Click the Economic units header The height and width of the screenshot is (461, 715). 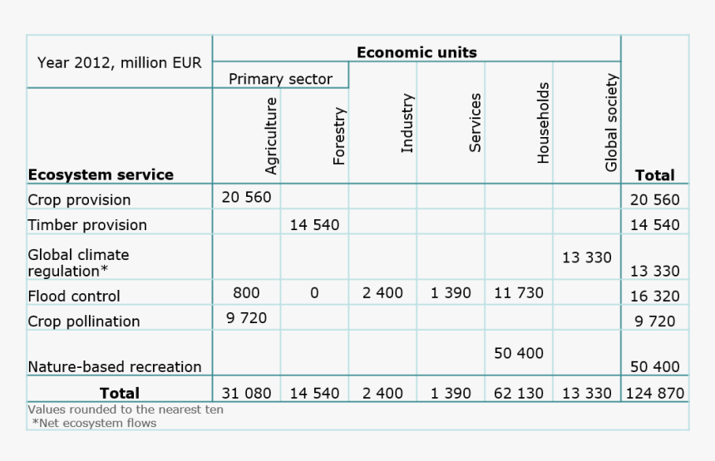[417, 52]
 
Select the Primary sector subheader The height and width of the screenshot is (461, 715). [280, 79]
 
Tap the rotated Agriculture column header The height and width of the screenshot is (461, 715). [270, 135]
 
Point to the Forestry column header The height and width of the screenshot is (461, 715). [338, 135]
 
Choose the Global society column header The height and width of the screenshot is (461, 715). [611, 123]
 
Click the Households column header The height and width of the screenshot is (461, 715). [543, 122]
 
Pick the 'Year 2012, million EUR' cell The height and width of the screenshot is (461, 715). [119, 62]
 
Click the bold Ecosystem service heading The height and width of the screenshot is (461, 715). [101, 174]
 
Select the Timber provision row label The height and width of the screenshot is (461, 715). [87, 225]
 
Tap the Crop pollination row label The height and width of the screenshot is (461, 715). [84, 321]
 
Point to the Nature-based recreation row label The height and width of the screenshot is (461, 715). [115, 366]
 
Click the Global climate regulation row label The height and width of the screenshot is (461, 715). [78, 262]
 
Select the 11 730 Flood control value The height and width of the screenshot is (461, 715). [519, 293]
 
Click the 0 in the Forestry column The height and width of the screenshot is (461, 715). [314, 293]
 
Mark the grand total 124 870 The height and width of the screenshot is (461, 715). [654, 393]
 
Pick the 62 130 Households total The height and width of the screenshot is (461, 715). [519, 393]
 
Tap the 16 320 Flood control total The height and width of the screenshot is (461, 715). [654, 296]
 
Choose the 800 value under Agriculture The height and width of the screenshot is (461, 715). [246, 293]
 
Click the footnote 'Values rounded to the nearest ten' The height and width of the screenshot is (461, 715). [126, 410]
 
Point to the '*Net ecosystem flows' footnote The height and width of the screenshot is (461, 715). [94, 423]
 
